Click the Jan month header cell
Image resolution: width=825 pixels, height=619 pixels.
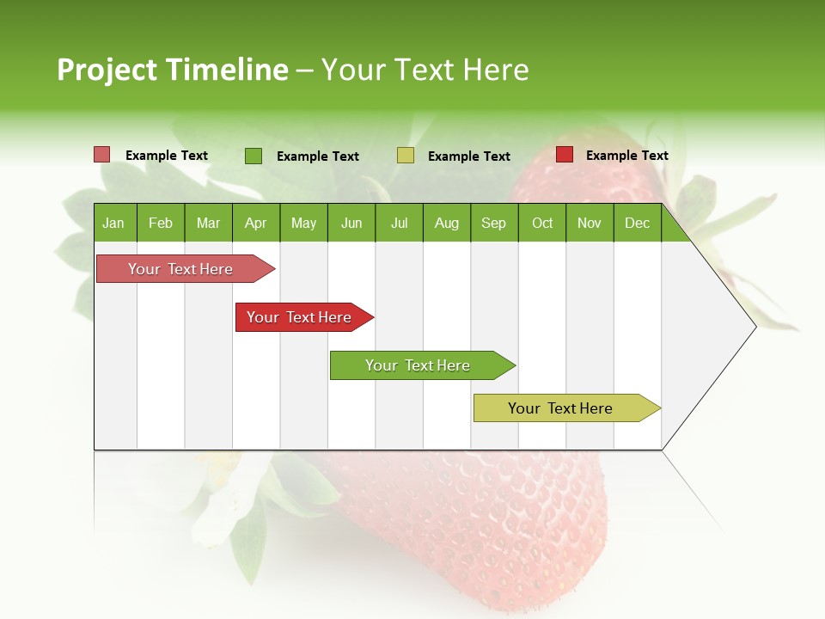(114, 223)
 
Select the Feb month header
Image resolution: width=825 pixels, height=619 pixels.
(161, 223)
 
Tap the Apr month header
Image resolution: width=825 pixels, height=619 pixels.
(256, 223)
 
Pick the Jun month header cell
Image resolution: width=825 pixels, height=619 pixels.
(351, 223)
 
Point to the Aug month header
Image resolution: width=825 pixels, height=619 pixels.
(447, 223)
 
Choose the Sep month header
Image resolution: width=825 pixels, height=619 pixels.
(494, 223)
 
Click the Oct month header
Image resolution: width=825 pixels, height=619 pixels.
(542, 223)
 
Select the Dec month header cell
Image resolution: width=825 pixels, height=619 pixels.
(638, 223)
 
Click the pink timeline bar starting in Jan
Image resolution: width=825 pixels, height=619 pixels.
(180, 269)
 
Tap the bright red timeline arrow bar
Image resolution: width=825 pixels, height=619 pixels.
(301, 317)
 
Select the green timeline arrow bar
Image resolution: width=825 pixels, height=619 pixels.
(419, 365)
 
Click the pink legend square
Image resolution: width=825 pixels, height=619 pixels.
(101, 155)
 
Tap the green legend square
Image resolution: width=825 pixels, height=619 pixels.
(253, 156)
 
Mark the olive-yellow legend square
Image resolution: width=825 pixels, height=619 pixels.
(406, 156)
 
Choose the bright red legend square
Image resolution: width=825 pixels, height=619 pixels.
(565, 155)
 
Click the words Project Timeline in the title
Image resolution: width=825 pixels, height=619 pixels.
(172, 70)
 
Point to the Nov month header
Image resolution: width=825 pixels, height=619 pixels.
(590, 223)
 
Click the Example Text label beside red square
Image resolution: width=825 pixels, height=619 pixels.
(626, 156)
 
